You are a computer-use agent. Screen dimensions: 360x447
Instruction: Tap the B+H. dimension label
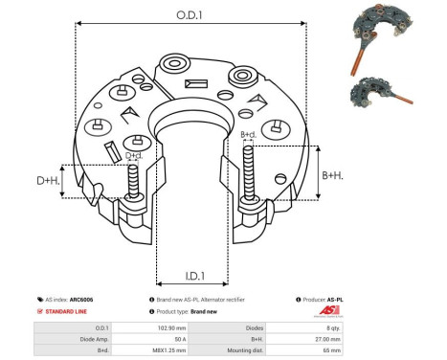[x=332, y=175]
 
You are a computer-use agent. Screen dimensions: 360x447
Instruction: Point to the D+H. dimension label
[x=48, y=179]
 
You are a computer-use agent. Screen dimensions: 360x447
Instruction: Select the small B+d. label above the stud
[x=248, y=135]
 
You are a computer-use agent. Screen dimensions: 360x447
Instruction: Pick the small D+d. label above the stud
[x=134, y=155]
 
